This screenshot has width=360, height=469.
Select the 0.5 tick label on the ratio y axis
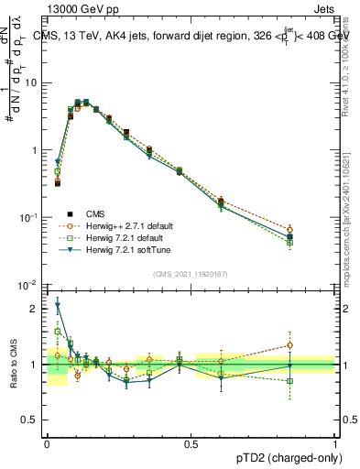click(33, 421)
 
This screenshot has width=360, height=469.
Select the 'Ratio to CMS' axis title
click(12, 365)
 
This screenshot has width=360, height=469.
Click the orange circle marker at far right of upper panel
click(316, 230)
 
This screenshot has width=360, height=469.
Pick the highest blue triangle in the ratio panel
click(58, 307)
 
